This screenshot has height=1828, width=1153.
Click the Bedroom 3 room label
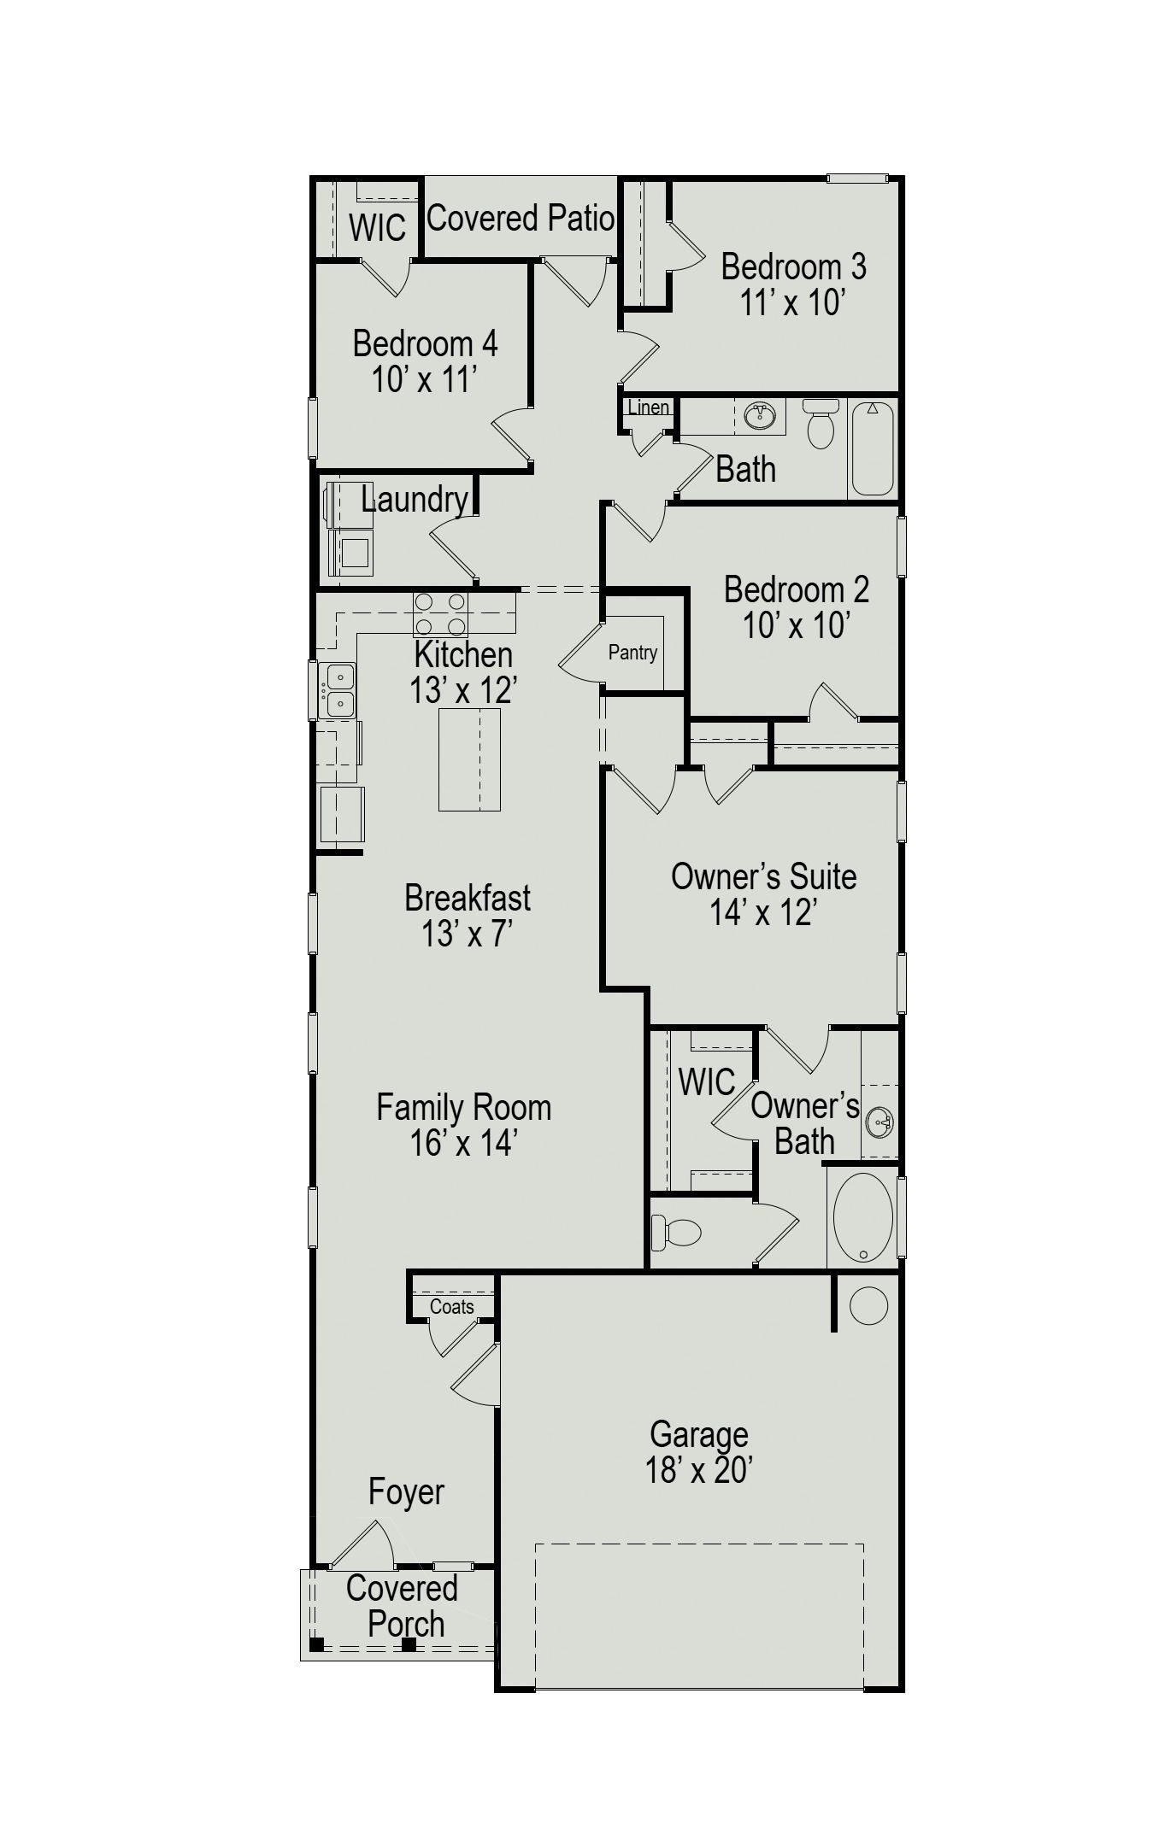(793, 267)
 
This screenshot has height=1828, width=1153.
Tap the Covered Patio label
(521, 219)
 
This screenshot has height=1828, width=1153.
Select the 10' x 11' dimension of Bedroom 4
(424, 379)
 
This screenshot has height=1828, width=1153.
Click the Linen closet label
(648, 407)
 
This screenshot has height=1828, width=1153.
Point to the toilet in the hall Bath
(821, 424)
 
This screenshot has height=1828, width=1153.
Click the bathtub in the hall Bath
(873, 448)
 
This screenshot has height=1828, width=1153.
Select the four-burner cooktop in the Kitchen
(440, 614)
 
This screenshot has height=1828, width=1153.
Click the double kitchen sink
(338, 690)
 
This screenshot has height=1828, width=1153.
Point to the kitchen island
(469, 759)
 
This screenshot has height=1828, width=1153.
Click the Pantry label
(632, 653)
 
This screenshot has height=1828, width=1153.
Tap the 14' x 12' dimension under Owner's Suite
(763, 913)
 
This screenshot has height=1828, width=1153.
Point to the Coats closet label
(451, 1307)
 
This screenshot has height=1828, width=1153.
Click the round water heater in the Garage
(868, 1306)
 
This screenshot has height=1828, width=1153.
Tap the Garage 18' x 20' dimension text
(698, 1470)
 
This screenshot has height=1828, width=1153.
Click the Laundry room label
(415, 500)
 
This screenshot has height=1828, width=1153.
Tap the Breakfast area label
(468, 898)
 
